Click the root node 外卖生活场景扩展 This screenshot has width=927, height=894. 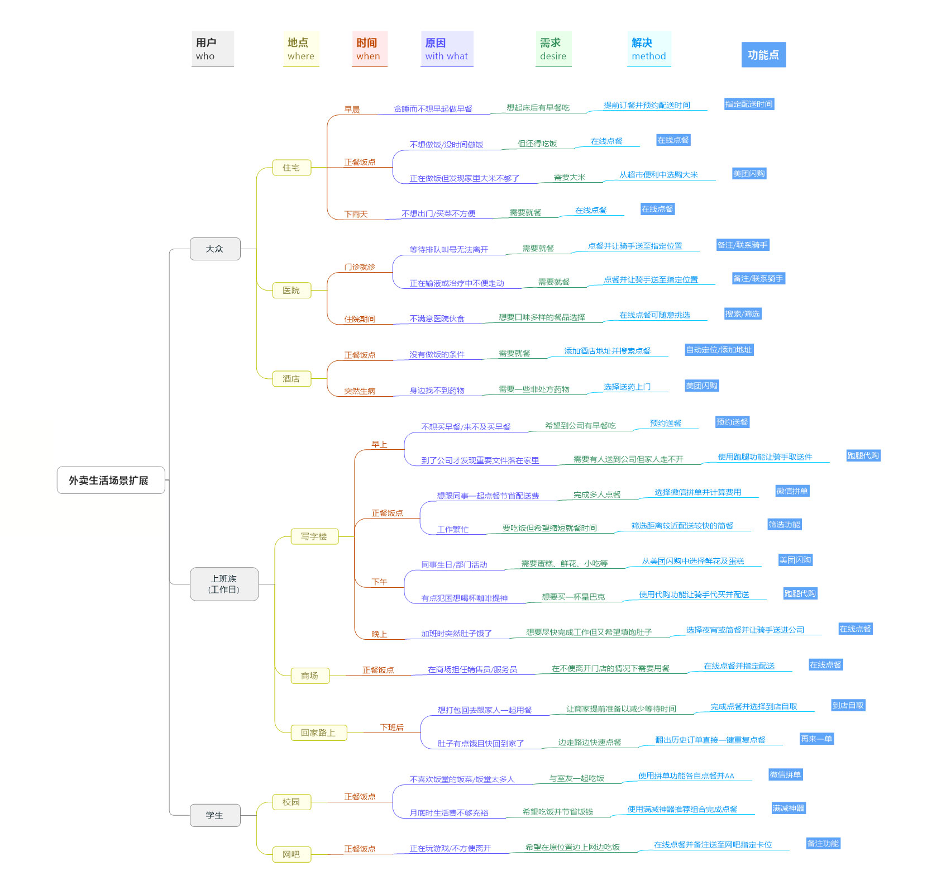point(111,480)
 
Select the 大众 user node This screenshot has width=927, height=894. point(215,249)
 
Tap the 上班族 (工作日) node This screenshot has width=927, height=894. point(224,584)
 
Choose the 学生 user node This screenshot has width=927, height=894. point(215,815)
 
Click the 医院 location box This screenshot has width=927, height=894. point(292,290)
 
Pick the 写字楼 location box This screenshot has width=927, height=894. point(314,536)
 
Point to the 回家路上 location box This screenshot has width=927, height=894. point(318,733)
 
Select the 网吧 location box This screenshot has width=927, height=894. point(292,854)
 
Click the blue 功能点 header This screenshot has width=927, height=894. point(763,55)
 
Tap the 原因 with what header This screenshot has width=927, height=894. point(446,49)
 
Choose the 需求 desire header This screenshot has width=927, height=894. point(553,49)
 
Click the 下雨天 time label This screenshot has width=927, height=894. point(356,214)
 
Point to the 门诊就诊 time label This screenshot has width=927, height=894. point(360,267)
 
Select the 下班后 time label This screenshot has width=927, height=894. point(391,727)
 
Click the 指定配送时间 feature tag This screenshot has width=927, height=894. point(749,104)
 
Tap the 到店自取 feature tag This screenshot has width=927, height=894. point(848,705)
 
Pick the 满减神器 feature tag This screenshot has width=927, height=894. point(789,808)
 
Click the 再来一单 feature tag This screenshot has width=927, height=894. point(816,739)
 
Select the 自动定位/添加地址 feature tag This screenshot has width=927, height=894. point(719,350)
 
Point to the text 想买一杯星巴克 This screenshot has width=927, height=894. point(573,597)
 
